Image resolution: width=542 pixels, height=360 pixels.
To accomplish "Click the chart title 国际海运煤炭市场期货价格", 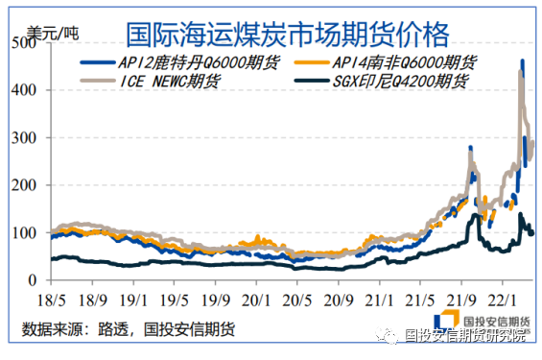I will pyautogui.click(x=287, y=36).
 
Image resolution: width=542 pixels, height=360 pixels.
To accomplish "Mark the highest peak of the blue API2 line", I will pyautogui.click(x=522, y=60).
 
